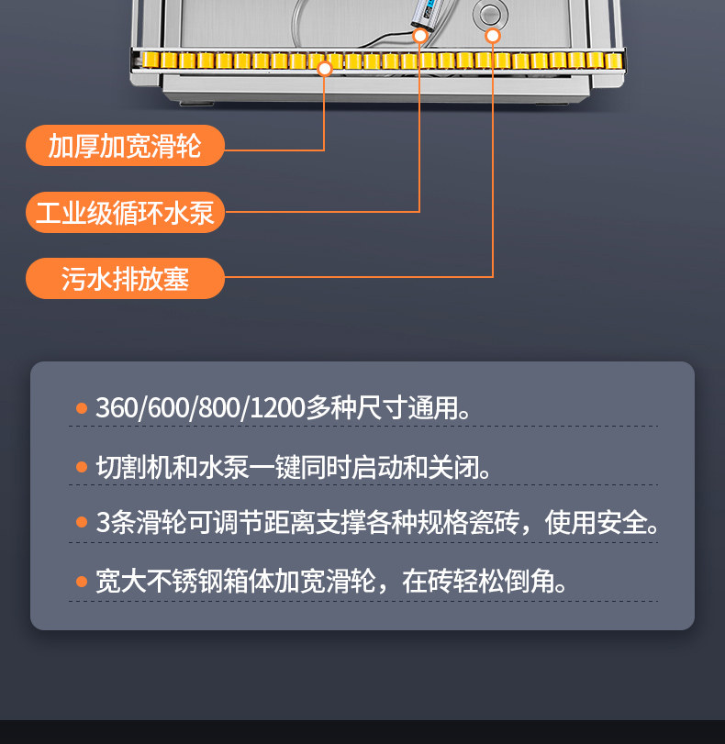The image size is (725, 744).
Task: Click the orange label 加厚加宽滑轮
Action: click(125, 145)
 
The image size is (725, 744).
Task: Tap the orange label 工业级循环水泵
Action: click(125, 212)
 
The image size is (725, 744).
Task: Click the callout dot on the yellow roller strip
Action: click(324, 67)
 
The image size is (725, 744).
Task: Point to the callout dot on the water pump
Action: click(420, 36)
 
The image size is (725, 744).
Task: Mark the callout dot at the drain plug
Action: click(493, 36)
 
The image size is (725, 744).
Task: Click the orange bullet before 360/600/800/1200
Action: click(82, 408)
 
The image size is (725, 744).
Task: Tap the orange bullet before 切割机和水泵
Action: click(82, 467)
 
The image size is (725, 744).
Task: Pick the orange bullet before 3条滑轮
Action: click(82, 524)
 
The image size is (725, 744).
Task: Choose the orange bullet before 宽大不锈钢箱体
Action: click(82, 582)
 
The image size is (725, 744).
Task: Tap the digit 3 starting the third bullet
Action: click(103, 524)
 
